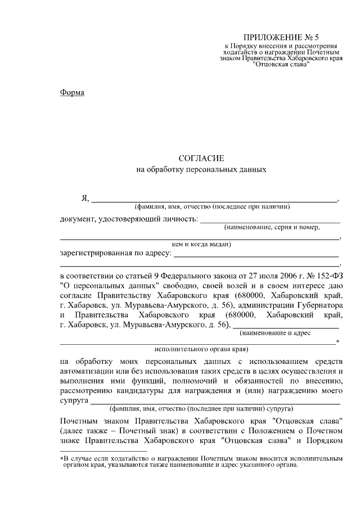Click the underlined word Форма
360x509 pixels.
click(72, 92)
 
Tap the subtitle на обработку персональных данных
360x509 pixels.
click(201, 169)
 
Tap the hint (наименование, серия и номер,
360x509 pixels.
click(271, 228)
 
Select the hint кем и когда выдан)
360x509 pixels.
click(201, 244)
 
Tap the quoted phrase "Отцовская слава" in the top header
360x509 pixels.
click(281, 64)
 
